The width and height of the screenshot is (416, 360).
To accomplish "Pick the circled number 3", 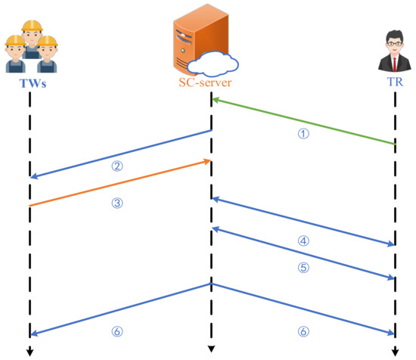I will tap(117, 203).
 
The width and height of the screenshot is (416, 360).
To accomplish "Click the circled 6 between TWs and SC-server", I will tap(117, 331).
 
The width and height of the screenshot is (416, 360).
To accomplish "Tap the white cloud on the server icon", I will tap(216, 60).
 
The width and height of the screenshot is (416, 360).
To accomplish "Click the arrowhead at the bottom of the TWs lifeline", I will tap(29, 351).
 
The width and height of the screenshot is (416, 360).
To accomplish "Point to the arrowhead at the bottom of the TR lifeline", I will tap(395, 351).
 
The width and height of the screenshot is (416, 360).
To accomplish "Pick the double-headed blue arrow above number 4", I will tap(303, 222).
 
